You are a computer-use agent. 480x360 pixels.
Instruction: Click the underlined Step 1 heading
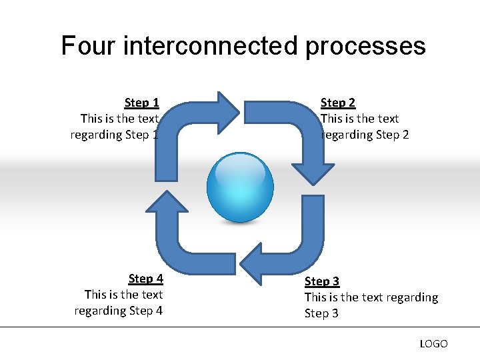pos(141,103)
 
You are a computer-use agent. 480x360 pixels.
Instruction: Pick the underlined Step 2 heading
pos(338,103)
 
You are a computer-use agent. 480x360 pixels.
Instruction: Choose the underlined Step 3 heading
pos(322,281)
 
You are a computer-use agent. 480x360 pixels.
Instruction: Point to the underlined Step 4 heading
pos(145,279)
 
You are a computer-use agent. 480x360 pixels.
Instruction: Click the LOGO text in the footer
pos(433,344)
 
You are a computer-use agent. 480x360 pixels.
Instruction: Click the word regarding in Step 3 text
pos(411,297)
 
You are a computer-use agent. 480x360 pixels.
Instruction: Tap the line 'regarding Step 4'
pos(119,311)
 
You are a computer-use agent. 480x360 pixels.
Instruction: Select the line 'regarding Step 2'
pos(365,135)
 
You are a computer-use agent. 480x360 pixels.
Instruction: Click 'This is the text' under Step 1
pos(119,119)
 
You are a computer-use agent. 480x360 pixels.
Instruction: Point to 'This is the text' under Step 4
pos(123,295)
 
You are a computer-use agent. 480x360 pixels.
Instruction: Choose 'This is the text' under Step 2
pos(360,119)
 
